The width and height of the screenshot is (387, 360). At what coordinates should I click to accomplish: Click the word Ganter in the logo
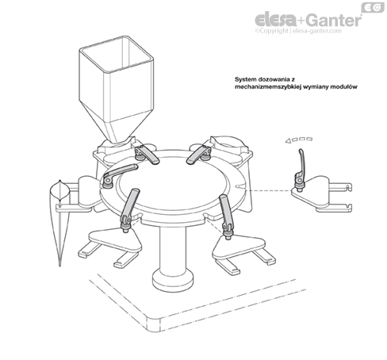point(335,20)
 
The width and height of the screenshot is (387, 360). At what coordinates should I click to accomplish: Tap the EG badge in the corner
point(373,7)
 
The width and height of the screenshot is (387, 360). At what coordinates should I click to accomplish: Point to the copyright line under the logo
point(298,31)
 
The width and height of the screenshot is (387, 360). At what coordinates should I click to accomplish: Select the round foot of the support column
point(173,281)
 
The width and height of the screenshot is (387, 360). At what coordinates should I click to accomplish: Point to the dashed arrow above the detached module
point(299,140)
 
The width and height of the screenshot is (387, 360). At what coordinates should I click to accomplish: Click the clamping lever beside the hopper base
point(146,155)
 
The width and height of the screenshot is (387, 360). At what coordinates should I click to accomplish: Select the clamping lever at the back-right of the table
point(199,155)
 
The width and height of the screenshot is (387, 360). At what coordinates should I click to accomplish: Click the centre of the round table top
point(172,182)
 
